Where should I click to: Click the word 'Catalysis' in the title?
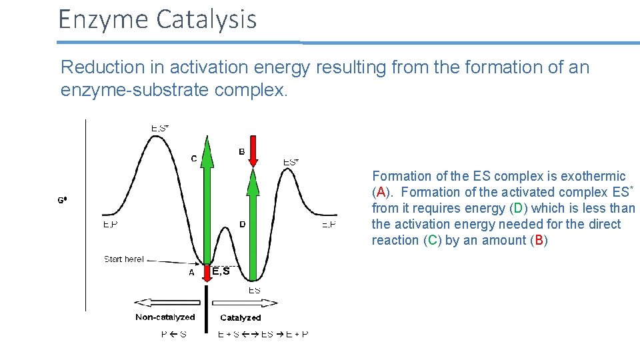206,19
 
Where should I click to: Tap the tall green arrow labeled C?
207,200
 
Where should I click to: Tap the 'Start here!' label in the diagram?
123,259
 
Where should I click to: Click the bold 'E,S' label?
221,271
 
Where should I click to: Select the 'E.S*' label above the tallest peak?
159,128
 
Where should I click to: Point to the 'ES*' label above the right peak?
291,161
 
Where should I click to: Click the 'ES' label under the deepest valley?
255,290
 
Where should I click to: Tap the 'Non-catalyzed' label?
165,317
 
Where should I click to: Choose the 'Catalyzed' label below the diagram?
240,317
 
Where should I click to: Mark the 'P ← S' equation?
173,334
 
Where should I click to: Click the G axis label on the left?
61,199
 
